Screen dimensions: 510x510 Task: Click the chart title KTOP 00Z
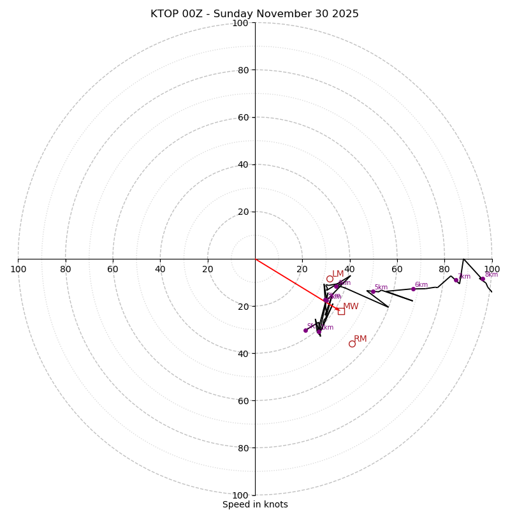pyautogui.click(x=254, y=14)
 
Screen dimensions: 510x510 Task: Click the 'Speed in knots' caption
pyautogui.click(x=255, y=504)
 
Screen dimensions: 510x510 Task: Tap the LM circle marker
pyautogui.click(x=330, y=279)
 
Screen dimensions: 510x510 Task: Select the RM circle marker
pyautogui.click(x=352, y=344)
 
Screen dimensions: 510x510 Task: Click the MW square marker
pyautogui.click(x=341, y=311)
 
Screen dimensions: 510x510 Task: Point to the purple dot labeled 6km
pyautogui.click(x=413, y=289)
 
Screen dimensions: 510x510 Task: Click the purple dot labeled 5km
pyautogui.click(x=373, y=292)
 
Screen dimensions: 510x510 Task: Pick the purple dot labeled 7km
pyautogui.click(x=456, y=280)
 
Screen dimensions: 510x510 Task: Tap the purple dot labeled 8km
pyautogui.click(x=483, y=279)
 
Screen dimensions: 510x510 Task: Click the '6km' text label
pyautogui.click(x=421, y=285)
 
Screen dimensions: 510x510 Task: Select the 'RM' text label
pyautogui.click(x=360, y=339)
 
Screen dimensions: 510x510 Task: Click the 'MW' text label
pyautogui.click(x=351, y=307)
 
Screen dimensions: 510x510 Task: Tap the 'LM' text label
pyautogui.click(x=338, y=274)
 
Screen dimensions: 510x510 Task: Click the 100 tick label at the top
pyautogui.click(x=240, y=23)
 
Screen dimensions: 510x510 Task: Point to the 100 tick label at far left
pyautogui.click(x=18, y=269)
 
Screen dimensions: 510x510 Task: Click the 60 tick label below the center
pyautogui.click(x=243, y=400)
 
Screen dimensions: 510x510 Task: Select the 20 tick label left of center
pyautogui.click(x=208, y=269)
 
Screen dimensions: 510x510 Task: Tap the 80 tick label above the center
pyautogui.click(x=243, y=70)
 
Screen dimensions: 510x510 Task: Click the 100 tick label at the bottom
pyautogui.click(x=240, y=495)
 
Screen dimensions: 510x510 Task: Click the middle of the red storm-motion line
pyautogui.click(x=296, y=284)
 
